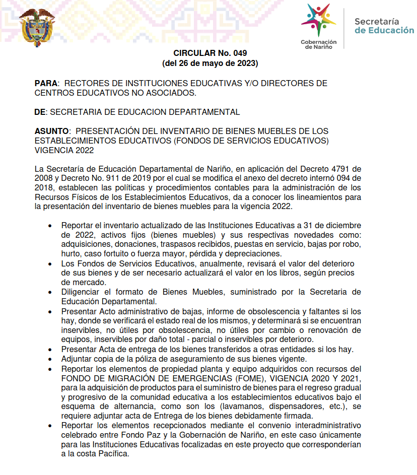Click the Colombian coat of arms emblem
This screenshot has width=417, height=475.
[x=36, y=28]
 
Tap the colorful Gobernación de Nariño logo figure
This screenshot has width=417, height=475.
[x=318, y=20]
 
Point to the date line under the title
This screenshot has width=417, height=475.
[x=210, y=63]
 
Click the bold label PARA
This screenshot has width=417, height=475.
[x=46, y=83]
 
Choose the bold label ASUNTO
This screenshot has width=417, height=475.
[x=52, y=131]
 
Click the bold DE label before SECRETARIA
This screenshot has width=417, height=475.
[x=40, y=112]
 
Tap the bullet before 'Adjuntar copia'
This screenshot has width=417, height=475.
[x=49, y=359]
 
